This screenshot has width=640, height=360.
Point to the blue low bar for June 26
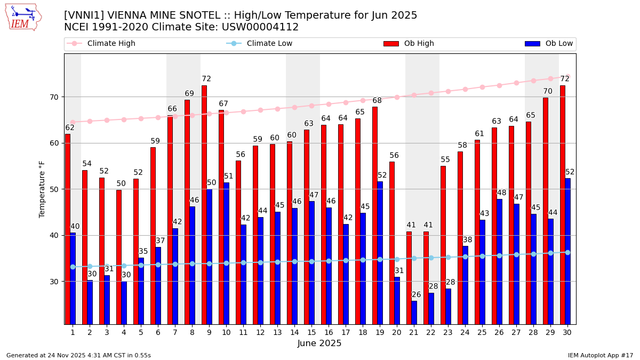(500, 261)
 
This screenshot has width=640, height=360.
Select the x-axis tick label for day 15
(311, 332)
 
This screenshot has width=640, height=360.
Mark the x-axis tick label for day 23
(448, 332)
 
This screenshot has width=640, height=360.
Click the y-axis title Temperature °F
(42, 189)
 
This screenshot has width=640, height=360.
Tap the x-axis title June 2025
(319, 343)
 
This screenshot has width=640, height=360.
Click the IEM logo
(23, 17)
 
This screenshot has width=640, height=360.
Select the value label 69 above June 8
(189, 94)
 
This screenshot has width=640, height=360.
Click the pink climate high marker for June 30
(567, 77)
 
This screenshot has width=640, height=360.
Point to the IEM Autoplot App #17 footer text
(600, 355)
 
